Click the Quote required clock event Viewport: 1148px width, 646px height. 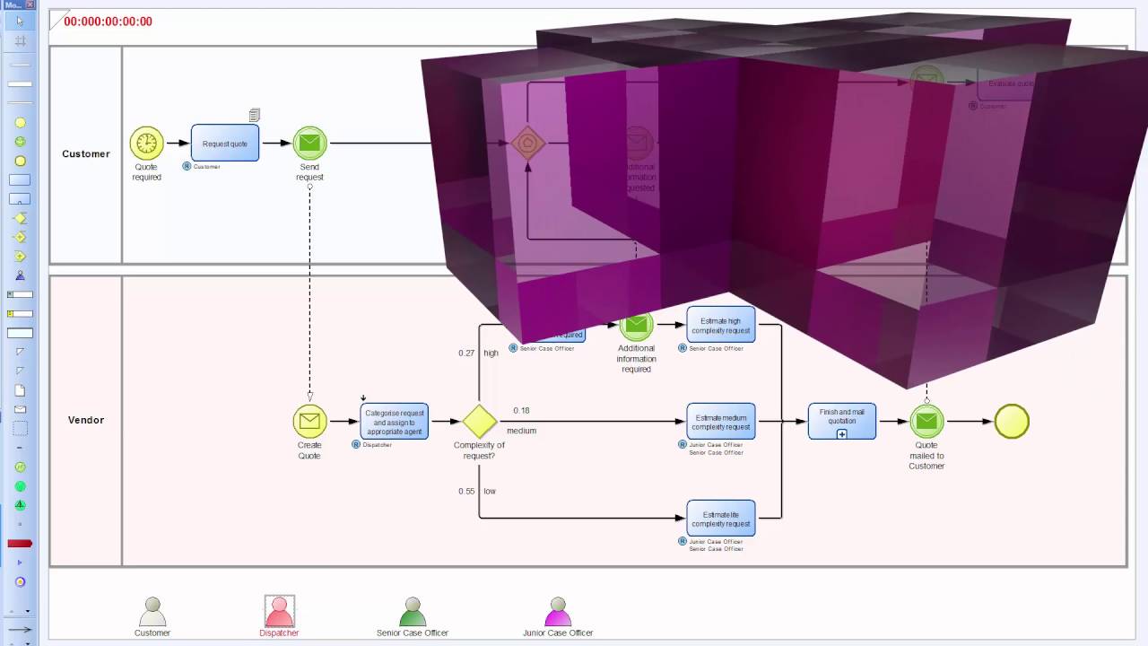146,143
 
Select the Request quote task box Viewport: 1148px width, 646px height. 224,143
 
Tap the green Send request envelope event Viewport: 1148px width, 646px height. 309,143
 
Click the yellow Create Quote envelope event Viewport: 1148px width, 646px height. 309,421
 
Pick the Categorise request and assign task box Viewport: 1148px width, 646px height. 394,421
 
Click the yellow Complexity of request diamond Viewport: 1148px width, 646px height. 479,422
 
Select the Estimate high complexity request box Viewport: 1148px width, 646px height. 720,325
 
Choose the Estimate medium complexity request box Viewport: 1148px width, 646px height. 720,421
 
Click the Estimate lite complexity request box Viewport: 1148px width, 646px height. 720,518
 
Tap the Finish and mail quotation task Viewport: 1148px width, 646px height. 841,421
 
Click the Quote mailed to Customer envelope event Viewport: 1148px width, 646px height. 926,421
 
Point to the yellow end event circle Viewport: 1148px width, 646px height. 1011,421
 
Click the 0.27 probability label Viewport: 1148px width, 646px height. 466,354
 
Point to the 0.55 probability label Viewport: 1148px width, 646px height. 466,492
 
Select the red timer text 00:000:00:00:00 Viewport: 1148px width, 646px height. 108,22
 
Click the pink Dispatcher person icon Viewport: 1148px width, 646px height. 279,612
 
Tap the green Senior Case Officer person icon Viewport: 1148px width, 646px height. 412,612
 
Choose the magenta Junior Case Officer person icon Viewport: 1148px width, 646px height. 557,612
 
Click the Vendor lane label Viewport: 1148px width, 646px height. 86,420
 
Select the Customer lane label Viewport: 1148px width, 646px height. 86,154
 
